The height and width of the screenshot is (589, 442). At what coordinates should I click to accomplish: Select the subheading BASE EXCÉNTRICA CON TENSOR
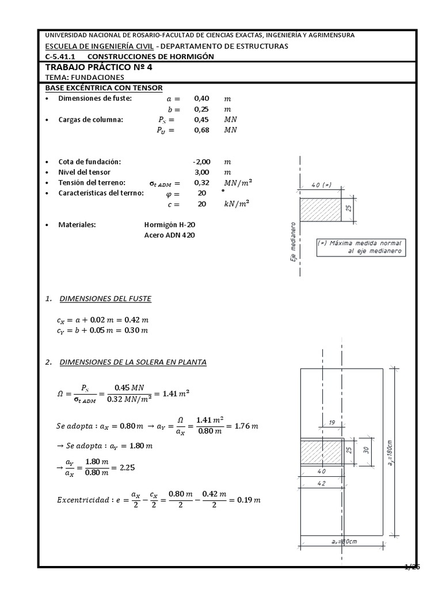[104, 87]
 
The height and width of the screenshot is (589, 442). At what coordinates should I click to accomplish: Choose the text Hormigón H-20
[165, 225]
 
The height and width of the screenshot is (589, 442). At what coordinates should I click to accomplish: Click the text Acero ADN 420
[165, 235]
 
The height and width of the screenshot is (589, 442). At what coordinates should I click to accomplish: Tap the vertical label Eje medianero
[293, 240]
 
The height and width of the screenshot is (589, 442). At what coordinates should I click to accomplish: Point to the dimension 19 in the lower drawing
[331, 423]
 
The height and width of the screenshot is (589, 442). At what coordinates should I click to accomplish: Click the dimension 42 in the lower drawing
[321, 484]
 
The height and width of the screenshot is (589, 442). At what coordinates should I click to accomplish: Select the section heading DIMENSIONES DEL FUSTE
[105, 299]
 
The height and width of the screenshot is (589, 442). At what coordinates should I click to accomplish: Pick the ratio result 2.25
[127, 468]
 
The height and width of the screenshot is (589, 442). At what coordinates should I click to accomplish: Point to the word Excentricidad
[82, 500]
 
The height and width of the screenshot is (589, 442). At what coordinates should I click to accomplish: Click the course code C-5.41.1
[63, 56]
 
